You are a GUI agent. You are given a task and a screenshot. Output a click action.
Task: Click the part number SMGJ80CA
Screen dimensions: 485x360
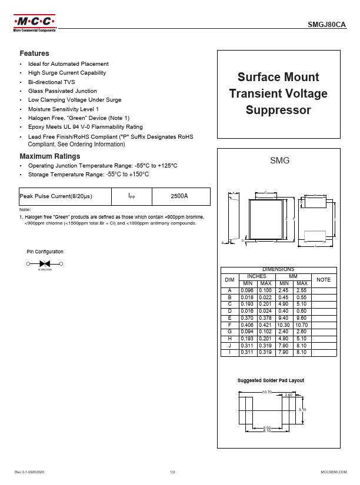pyautogui.click(x=327, y=25)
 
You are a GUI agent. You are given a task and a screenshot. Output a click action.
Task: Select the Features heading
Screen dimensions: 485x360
pyautogui.click(x=34, y=53)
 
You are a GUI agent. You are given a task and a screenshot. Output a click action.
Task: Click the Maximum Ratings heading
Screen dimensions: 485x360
pyautogui.click(x=50, y=156)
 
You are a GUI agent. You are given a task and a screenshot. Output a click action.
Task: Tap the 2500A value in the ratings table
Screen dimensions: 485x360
pyautogui.click(x=179, y=196)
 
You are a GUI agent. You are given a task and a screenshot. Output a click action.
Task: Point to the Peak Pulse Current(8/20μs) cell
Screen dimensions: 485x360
pyautogui.click(x=56, y=196)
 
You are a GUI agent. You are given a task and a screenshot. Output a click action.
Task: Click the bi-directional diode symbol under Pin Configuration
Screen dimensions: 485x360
pyautogui.click(x=45, y=264)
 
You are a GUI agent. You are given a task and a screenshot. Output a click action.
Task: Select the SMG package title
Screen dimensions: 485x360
pyautogui.click(x=279, y=160)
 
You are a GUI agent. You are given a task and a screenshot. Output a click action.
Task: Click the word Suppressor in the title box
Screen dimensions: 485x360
pyautogui.click(x=278, y=110)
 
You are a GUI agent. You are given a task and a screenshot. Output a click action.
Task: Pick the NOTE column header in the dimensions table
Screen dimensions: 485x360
pyautogui.click(x=324, y=280)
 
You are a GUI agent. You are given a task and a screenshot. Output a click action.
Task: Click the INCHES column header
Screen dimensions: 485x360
pyautogui.click(x=256, y=276)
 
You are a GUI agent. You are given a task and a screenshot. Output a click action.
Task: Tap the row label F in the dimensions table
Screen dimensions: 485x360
pyautogui.click(x=230, y=325)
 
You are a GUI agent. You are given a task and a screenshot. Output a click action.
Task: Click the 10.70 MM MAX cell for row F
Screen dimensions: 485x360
pyautogui.click(x=302, y=325)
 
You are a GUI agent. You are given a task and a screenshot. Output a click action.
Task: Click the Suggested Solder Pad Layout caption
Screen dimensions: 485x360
pyautogui.click(x=271, y=380)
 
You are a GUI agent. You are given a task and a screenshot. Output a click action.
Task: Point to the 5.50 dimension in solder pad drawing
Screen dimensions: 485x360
pyautogui.click(x=267, y=427)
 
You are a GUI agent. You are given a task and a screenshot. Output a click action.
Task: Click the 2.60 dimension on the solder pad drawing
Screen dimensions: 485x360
pyautogui.click(x=288, y=395)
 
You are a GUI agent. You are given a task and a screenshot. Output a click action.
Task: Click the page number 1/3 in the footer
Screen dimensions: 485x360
pyautogui.click(x=172, y=472)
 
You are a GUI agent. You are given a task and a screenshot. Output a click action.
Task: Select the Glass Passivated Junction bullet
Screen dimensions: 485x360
pyautogui.click(x=62, y=91)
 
